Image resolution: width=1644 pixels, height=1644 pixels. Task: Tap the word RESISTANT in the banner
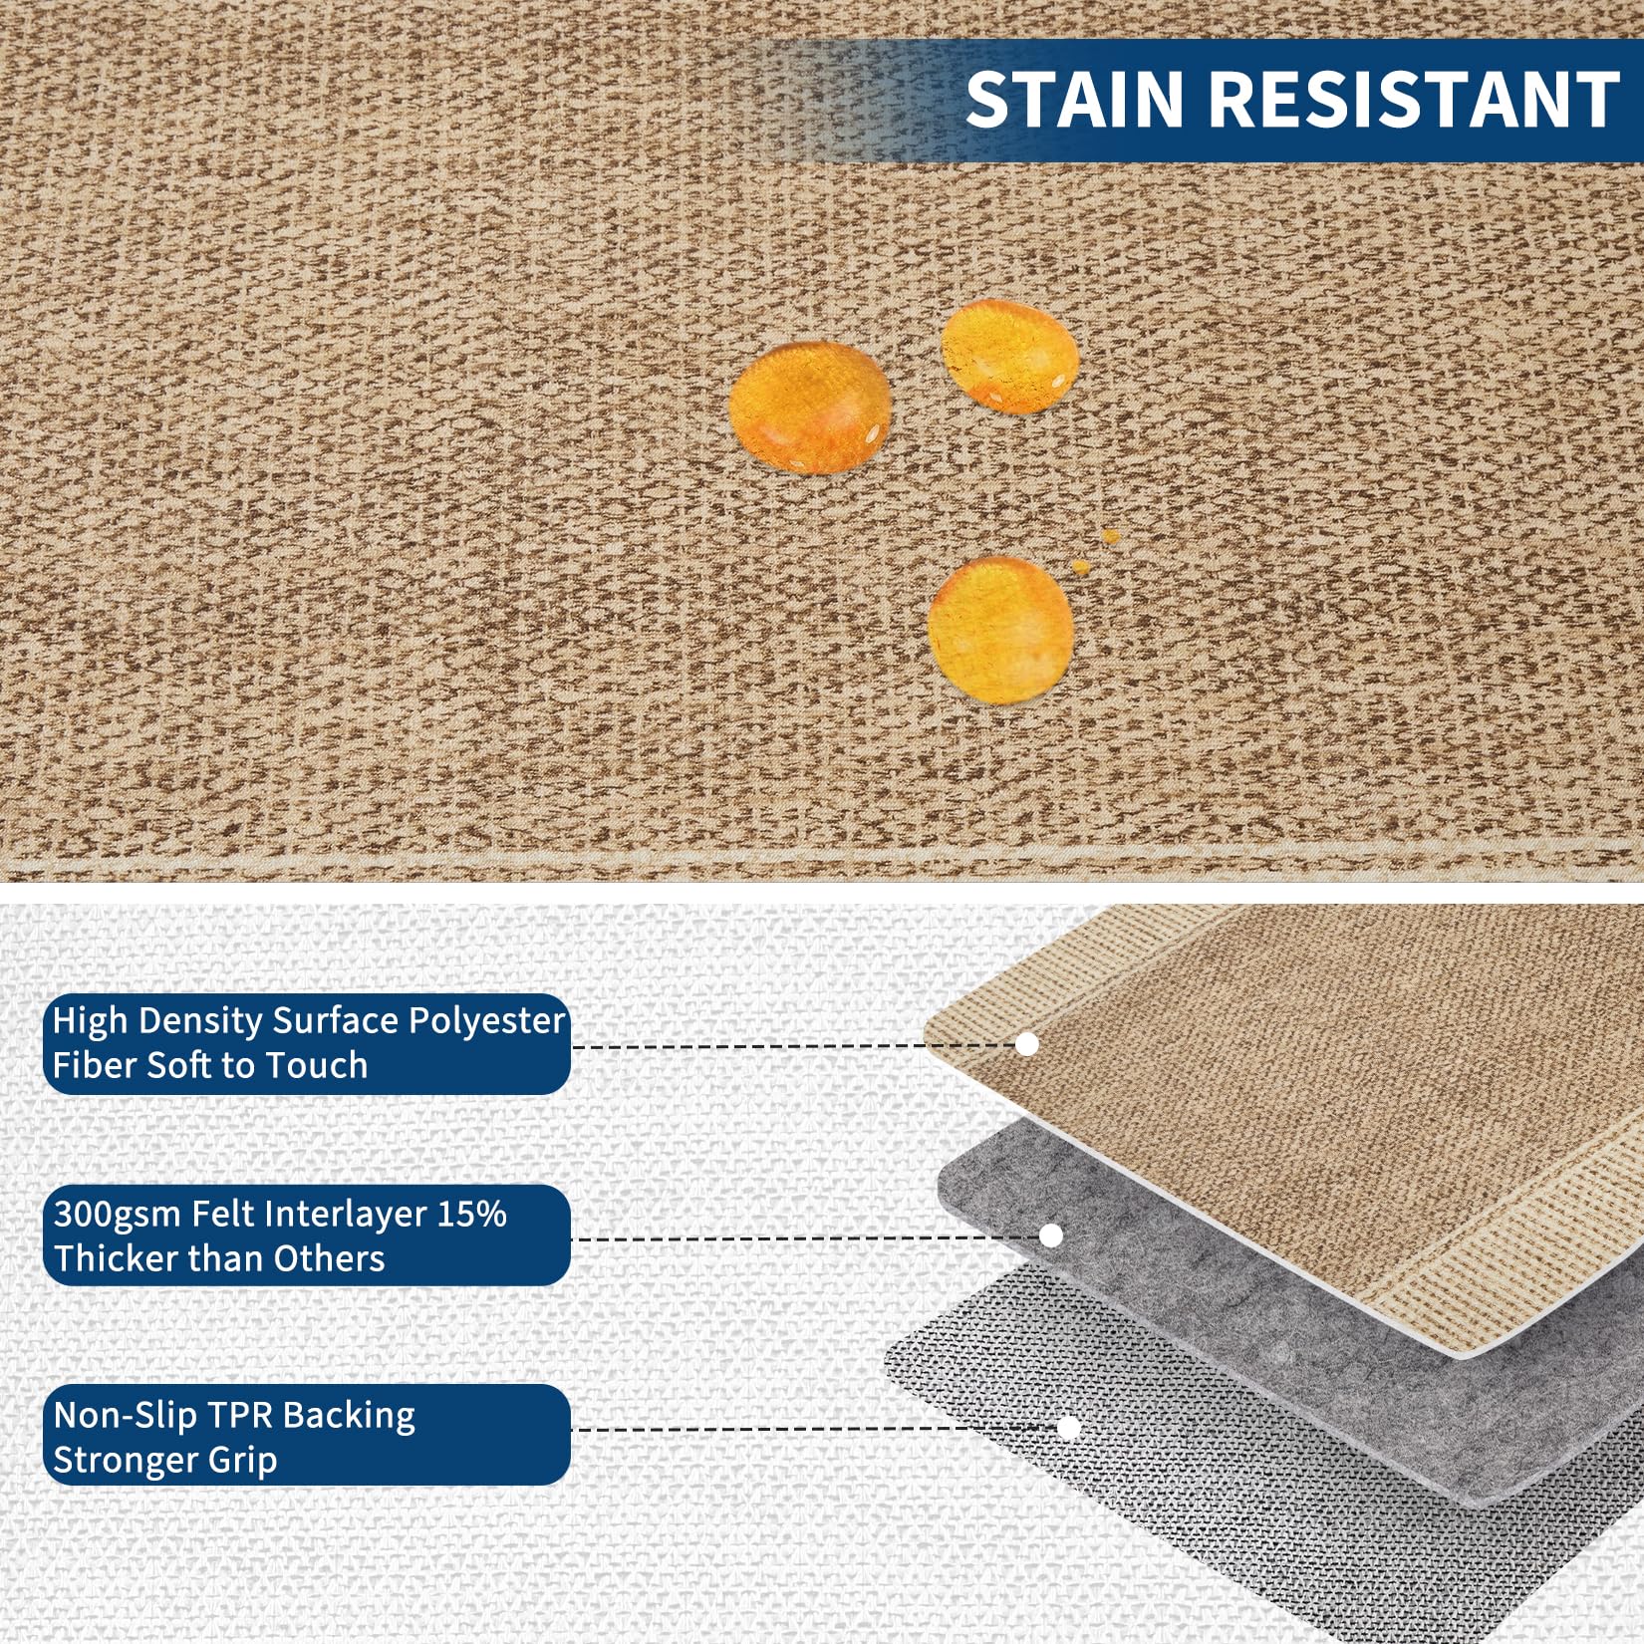tap(1415, 99)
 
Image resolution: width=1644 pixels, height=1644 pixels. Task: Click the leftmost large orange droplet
tap(809, 407)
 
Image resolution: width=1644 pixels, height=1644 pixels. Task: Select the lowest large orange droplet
tap(1000, 630)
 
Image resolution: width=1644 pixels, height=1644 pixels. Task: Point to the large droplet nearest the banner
tap(1009, 356)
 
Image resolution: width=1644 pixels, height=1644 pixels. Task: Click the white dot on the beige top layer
tap(1027, 1044)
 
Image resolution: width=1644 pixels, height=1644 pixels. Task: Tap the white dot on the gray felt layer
tap(1051, 1235)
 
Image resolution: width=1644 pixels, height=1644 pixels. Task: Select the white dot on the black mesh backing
tap(1069, 1428)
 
